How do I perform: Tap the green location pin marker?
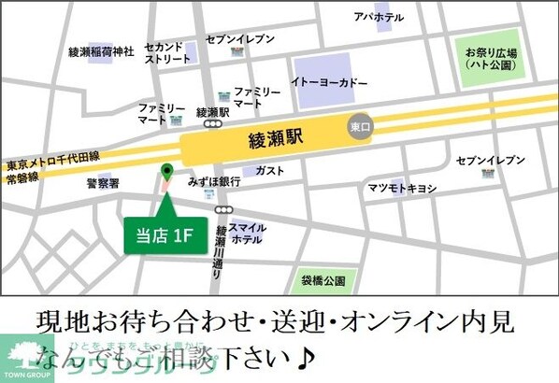click(x=167, y=172)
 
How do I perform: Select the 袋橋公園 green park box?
click(x=323, y=279)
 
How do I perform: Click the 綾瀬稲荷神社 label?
click(x=102, y=51)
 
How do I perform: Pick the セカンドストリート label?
click(x=165, y=52)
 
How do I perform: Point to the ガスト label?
click(x=269, y=171)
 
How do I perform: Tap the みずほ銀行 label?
click(x=214, y=180)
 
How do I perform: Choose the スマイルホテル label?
click(x=248, y=233)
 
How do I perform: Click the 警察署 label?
click(x=104, y=183)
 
